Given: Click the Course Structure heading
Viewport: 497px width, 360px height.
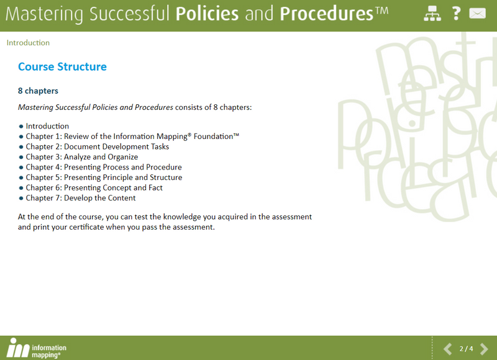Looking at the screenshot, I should pos(62,67).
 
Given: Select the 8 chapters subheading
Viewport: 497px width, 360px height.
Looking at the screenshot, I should pos(38,91).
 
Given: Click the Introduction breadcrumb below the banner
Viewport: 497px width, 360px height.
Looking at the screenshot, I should pos(28,43).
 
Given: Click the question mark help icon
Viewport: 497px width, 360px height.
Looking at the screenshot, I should pos(456,13).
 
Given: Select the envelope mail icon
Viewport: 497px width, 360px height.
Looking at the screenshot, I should pos(477,13).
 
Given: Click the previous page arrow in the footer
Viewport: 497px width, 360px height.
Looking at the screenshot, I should pos(447,349).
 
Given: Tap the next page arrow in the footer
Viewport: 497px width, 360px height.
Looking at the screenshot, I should pos(485,349).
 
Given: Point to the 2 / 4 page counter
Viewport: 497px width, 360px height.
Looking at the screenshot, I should pos(466,349).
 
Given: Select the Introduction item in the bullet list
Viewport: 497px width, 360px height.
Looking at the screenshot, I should pos(47,126).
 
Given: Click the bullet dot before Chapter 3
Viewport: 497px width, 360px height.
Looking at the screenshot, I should pos(21,157).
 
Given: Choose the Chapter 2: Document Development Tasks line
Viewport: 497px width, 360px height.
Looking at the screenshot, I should pos(97,146).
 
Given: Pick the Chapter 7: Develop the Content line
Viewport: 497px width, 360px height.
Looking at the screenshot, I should pos(81,198).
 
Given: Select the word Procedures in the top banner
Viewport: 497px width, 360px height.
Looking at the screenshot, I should pos(326,14).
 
